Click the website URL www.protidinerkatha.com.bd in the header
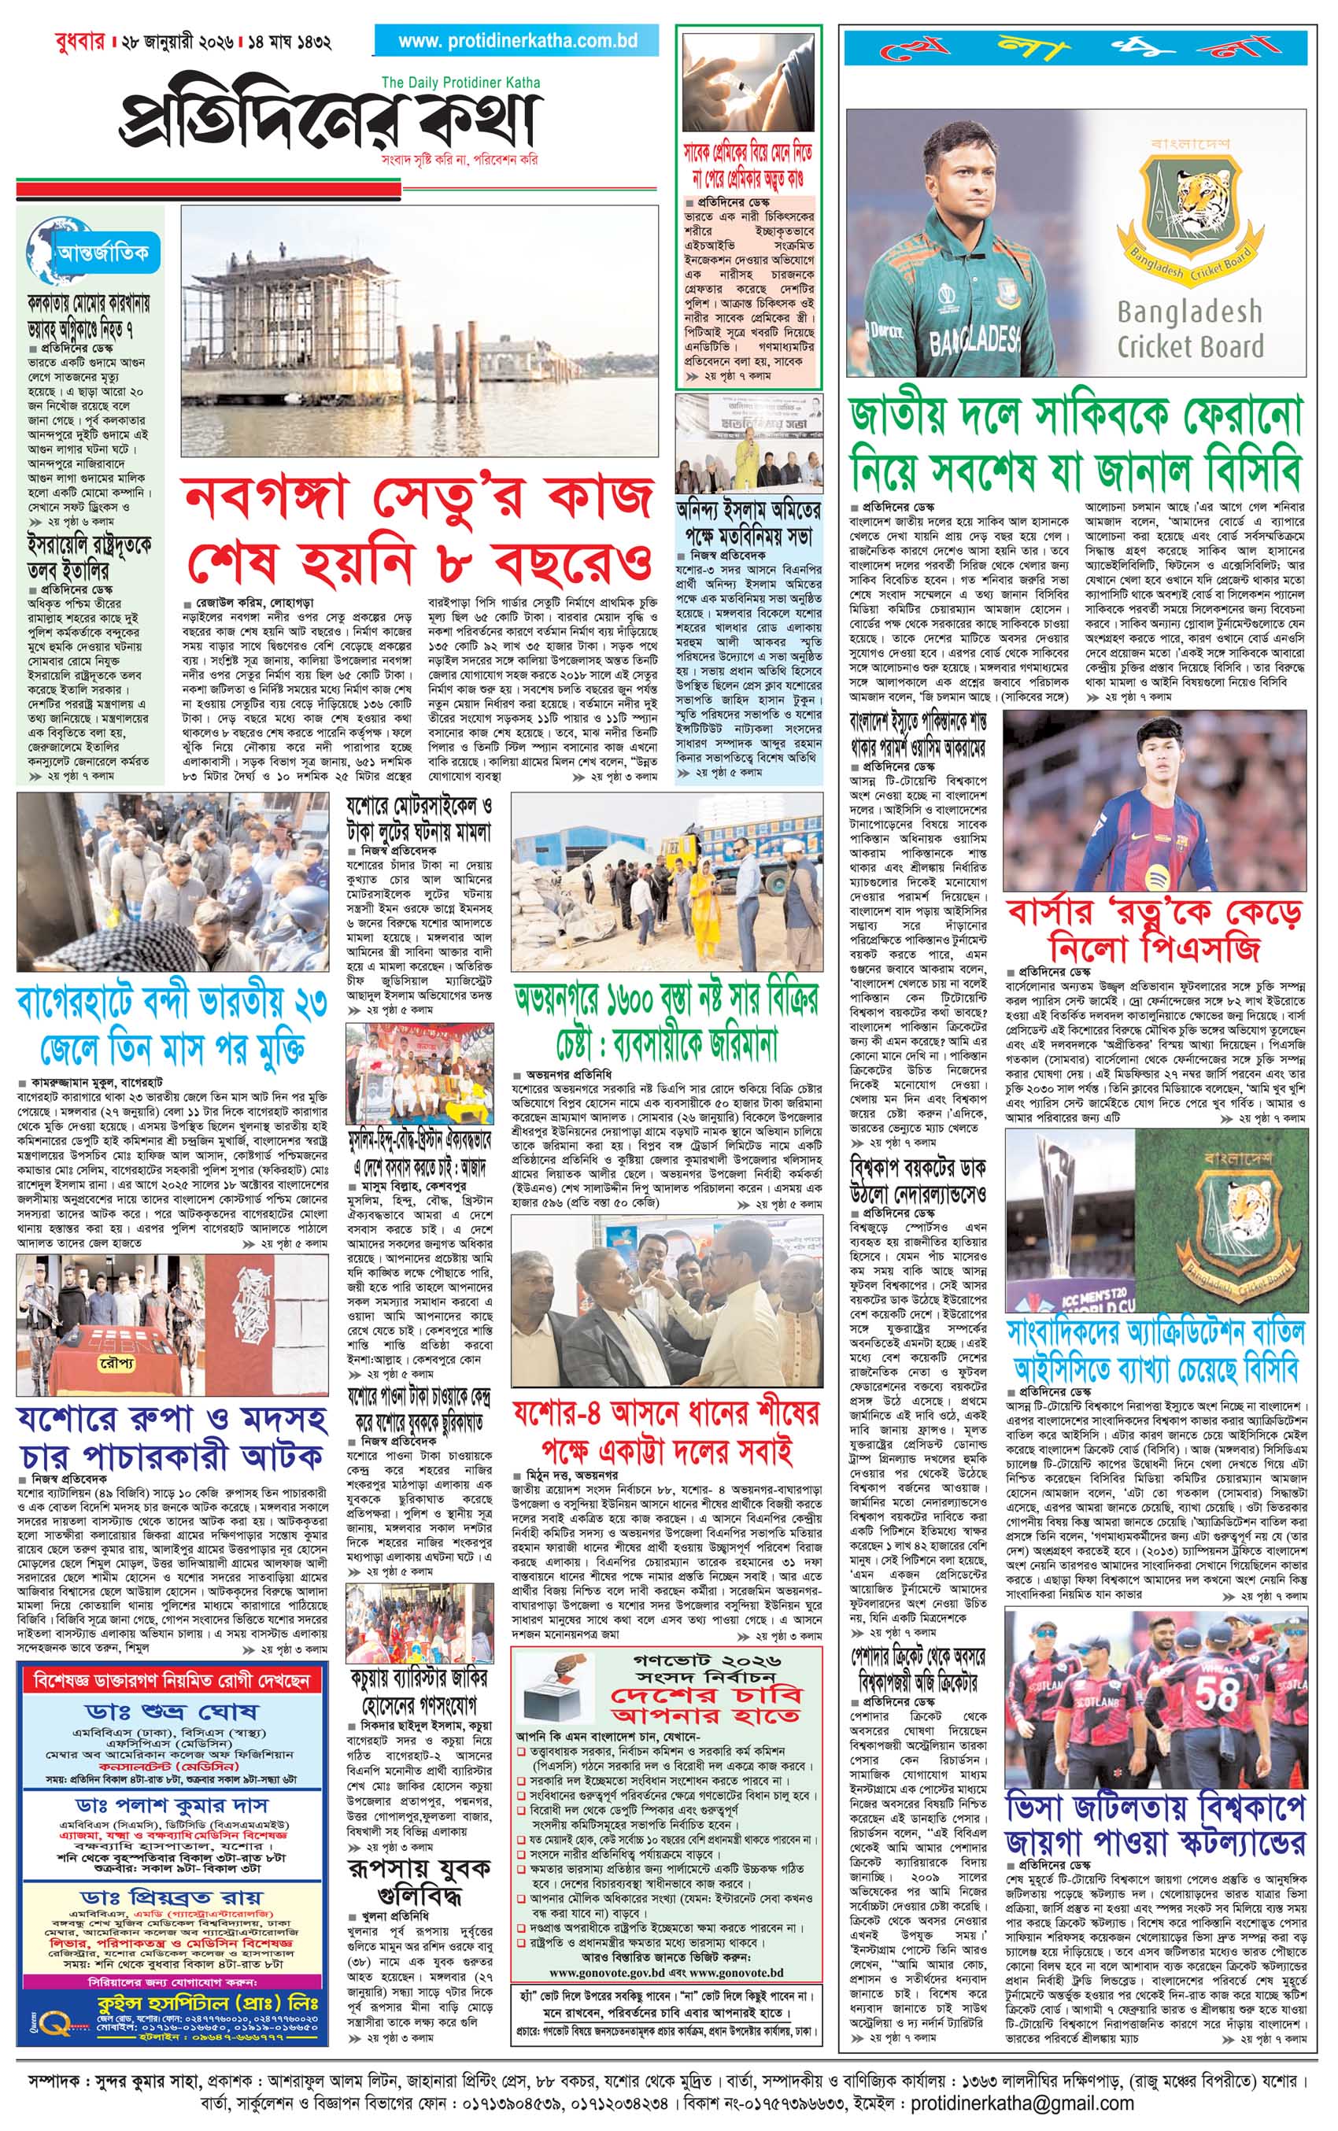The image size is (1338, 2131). click(x=517, y=41)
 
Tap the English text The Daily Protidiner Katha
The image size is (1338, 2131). click(x=460, y=83)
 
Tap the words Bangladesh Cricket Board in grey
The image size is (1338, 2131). click(x=1189, y=328)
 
